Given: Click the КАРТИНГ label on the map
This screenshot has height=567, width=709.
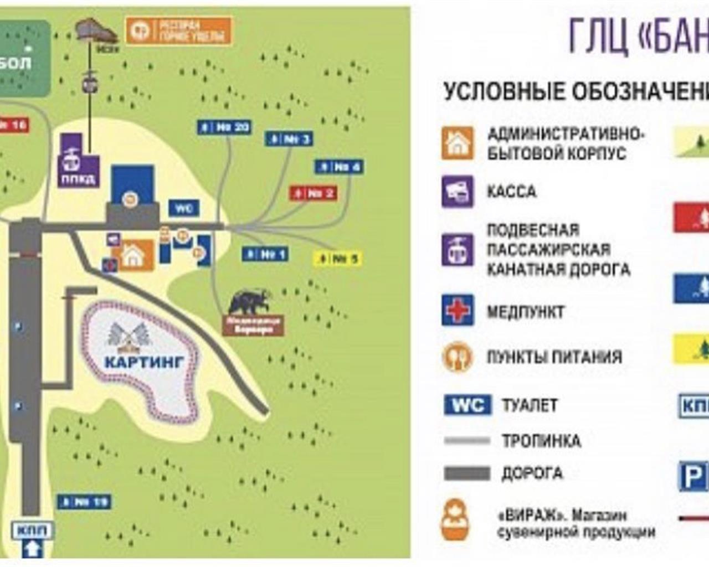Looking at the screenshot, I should click(x=144, y=363).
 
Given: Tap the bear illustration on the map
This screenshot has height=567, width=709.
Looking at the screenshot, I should click(x=249, y=302).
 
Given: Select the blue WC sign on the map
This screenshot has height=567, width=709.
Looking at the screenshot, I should click(x=184, y=208).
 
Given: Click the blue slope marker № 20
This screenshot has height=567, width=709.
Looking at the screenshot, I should click(x=225, y=127).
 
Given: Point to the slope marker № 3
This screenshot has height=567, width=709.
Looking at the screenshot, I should click(x=289, y=138).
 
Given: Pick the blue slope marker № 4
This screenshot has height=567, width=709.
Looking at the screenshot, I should click(x=339, y=166).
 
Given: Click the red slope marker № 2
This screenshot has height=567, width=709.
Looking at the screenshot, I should click(x=314, y=193).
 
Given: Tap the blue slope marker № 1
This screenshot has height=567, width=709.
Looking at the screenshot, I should click(x=265, y=254).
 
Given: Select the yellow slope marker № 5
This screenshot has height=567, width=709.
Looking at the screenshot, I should click(x=338, y=258).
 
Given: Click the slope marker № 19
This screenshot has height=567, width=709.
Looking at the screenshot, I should click(x=84, y=502).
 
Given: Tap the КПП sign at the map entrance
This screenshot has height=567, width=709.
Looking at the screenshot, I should click(x=33, y=530).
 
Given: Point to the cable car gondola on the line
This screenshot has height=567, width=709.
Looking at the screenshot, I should click(x=89, y=83).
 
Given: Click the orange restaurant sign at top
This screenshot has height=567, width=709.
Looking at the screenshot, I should click(x=178, y=31).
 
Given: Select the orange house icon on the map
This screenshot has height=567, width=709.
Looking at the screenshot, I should click(x=133, y=256).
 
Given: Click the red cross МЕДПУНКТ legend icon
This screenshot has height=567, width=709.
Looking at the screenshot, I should click(x=458, y=310).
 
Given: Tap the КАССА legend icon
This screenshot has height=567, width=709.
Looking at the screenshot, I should click(x=458, y=192).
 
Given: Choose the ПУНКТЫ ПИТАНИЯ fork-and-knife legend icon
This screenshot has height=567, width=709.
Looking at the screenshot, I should click(x=458, y=357).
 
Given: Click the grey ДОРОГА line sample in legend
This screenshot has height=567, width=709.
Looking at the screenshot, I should click(x=467, y=473).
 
